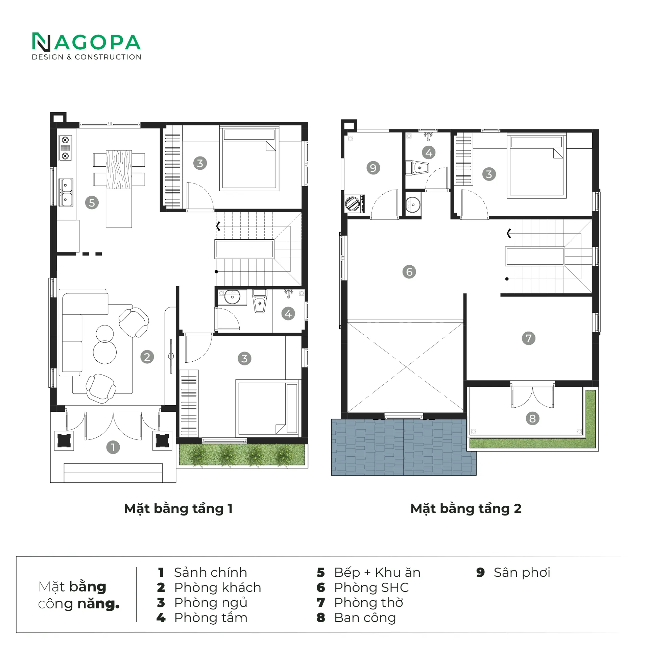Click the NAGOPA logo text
pyautogui.click(x=87, y=42)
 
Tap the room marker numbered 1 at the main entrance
pyautogui.click(x=113, y=447)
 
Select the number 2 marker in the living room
pyautogui.click(x=147, y=357)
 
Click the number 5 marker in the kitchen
pyautogui.click(x=92, y=203)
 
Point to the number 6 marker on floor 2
pyautogui.click(x=409, y=272)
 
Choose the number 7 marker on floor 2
pyautogui.click(x=529, y=338)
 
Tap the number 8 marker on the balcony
pyautogui.click(x=533, y=418)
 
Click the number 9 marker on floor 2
pyautogui.click(x=374, y=168)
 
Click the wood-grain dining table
pyautogui.click(x=119, y=170)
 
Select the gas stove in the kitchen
pyautogui.click(x=65, y=148)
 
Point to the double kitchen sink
pyautogui.click(x=66, y=192)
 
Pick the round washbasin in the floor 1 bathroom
pyautogui.click(x=232, y=297)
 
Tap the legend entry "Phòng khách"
pyautogui.click(x=218, y=587)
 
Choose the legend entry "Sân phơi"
pyautogui.click(x=522, y=572)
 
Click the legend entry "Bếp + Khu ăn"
pyautogui.click(x=377, y=572)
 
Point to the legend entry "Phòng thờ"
pyautogui.click(x=368, y=602)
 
